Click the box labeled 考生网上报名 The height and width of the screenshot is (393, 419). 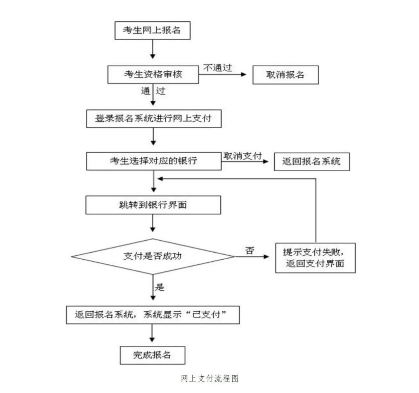coord(152,31)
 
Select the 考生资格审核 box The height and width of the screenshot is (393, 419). coord(153,74)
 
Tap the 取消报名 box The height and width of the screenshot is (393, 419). coord(286,75)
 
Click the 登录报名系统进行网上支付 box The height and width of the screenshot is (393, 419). coord(154,119)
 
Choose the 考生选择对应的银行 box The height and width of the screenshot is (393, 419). coord(153,161)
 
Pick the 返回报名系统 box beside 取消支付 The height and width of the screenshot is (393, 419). coord(312,161)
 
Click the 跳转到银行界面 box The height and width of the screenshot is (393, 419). coord(153,205)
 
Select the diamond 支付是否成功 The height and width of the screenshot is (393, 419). coord(153,256)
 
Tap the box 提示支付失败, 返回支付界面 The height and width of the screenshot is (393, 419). coord(315,258)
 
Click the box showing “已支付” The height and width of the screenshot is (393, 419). coord(152,315)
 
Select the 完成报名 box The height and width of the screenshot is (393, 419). coord(152,355)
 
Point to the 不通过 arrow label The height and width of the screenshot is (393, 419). coord(218,68)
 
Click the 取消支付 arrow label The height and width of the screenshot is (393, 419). coord(242,155)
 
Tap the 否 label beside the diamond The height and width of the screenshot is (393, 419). coord(249,250)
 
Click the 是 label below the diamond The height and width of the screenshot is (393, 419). coord(159,287)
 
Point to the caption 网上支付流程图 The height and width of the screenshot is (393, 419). coord(209,378)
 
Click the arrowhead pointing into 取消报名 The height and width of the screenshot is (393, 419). coord(244,74)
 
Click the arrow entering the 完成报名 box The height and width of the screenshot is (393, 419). coord(152,335)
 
